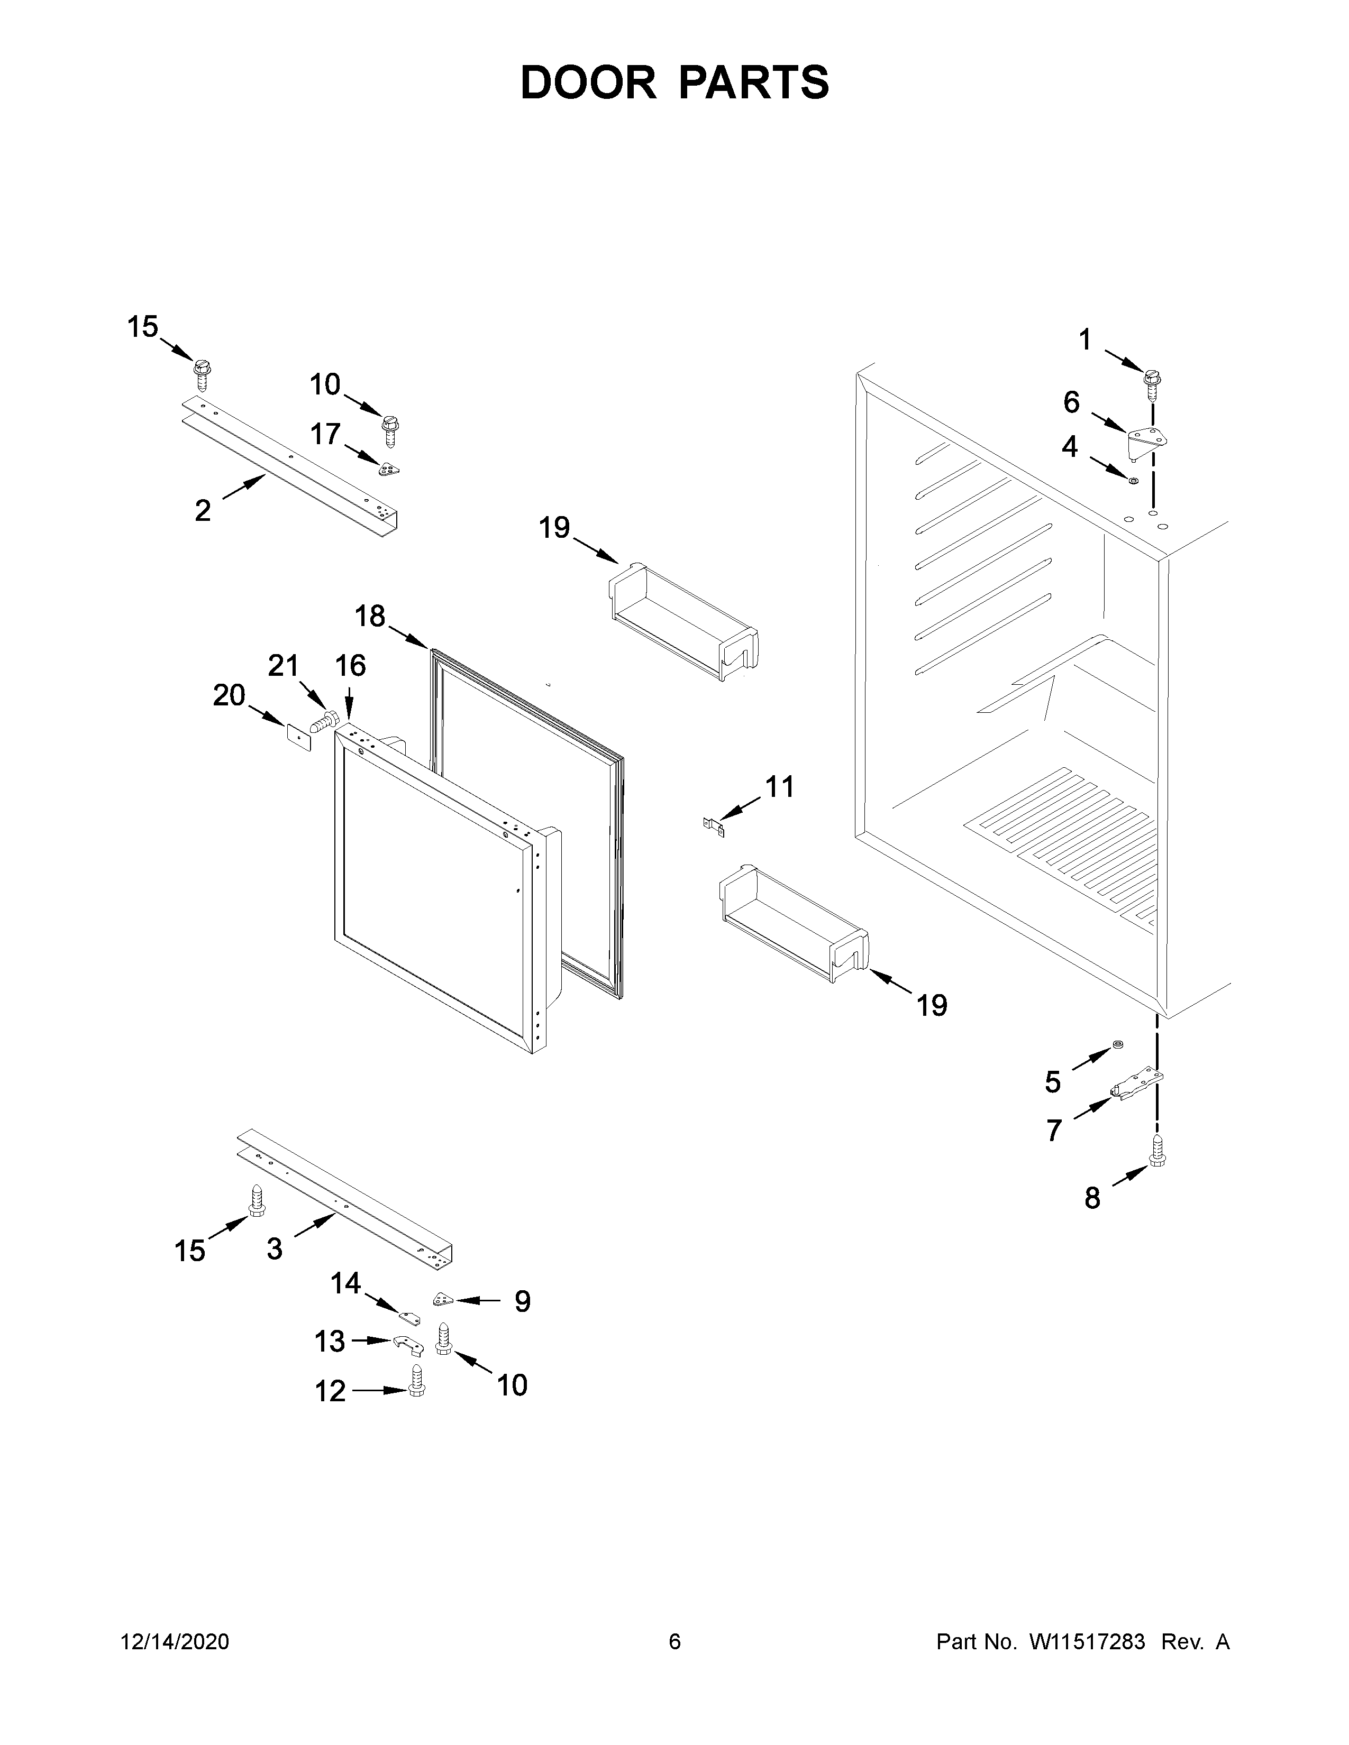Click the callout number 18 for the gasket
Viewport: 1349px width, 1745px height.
pos(369,616)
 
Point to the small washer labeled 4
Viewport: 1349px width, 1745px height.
pos(1133,480)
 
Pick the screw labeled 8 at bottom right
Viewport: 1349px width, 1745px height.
pos(1156,1151)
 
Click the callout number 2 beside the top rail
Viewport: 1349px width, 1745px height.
pos(203,510)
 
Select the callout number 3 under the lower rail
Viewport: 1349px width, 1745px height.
pos(274,1248)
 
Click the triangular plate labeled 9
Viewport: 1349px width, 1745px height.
pos(442,1300)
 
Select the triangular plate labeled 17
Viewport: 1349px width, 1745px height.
pos(388,470)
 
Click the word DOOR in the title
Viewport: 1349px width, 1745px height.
pos(587,82)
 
